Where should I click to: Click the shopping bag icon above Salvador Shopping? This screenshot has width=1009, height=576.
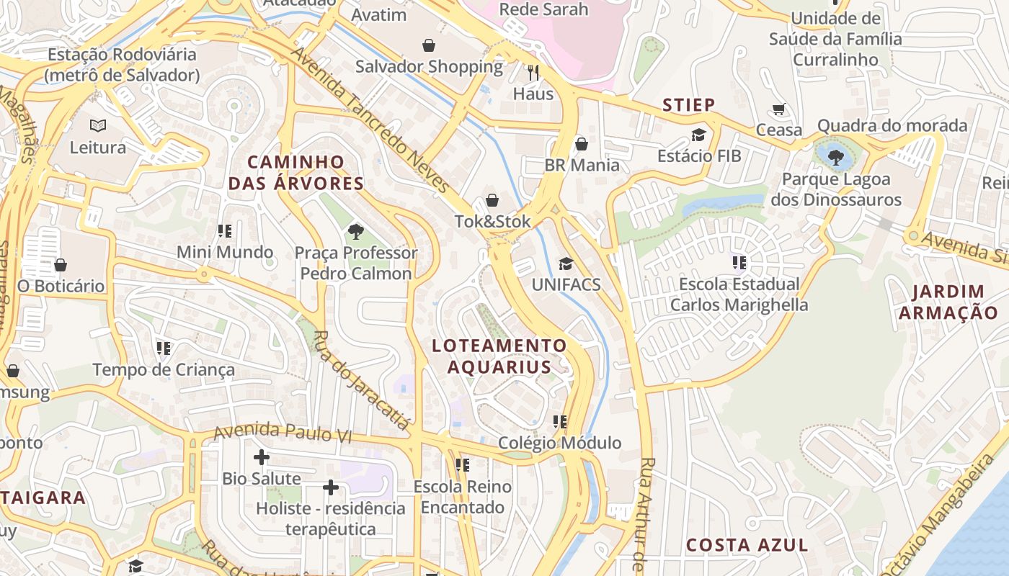pos(429,45)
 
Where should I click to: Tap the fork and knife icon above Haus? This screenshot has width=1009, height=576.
pos(533,73)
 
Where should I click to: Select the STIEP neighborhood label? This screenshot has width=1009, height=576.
pos(689,105)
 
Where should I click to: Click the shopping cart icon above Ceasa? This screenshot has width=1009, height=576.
pos(778,109)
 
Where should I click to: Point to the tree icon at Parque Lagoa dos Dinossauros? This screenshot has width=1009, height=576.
pos(836,156)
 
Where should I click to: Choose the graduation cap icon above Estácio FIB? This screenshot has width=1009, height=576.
pos(698,135)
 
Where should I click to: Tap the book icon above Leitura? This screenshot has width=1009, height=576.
pos(97,126)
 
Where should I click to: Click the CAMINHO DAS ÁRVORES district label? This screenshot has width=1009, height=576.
pos(296,173)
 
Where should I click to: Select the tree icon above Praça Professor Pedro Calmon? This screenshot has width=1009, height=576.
pos(355,231)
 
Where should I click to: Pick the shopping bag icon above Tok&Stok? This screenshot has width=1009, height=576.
pos(492,200)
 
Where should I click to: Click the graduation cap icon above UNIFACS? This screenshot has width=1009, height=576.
pos(566,264)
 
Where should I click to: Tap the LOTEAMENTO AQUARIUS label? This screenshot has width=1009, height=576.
pos(499,356)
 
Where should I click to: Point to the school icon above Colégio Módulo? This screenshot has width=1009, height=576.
pos(560,421)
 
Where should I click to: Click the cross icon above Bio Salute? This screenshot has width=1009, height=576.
pos(262,457)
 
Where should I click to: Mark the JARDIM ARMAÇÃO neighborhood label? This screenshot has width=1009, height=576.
pos(948,302)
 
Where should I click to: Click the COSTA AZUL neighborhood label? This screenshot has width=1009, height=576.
pos(747,545)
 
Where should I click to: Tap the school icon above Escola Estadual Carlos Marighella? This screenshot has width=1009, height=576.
pos(739,263)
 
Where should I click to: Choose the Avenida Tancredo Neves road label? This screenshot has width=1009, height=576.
pos(371,121)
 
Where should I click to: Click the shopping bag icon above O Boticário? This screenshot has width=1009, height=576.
pos(61,265)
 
